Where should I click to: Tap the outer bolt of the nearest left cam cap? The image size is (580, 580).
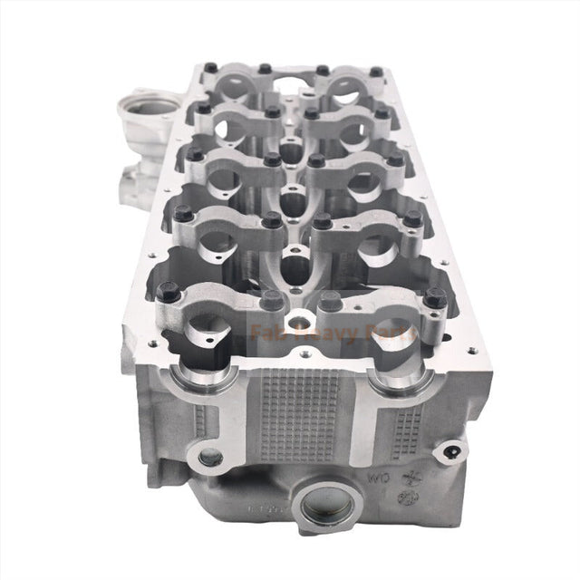[x=166, y=292]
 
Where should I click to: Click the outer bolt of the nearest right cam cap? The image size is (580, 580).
[x=434, y=297]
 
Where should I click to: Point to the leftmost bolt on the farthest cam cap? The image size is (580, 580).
[x=210, y=66]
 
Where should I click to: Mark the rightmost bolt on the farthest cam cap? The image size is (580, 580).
[x=375, y=71]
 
